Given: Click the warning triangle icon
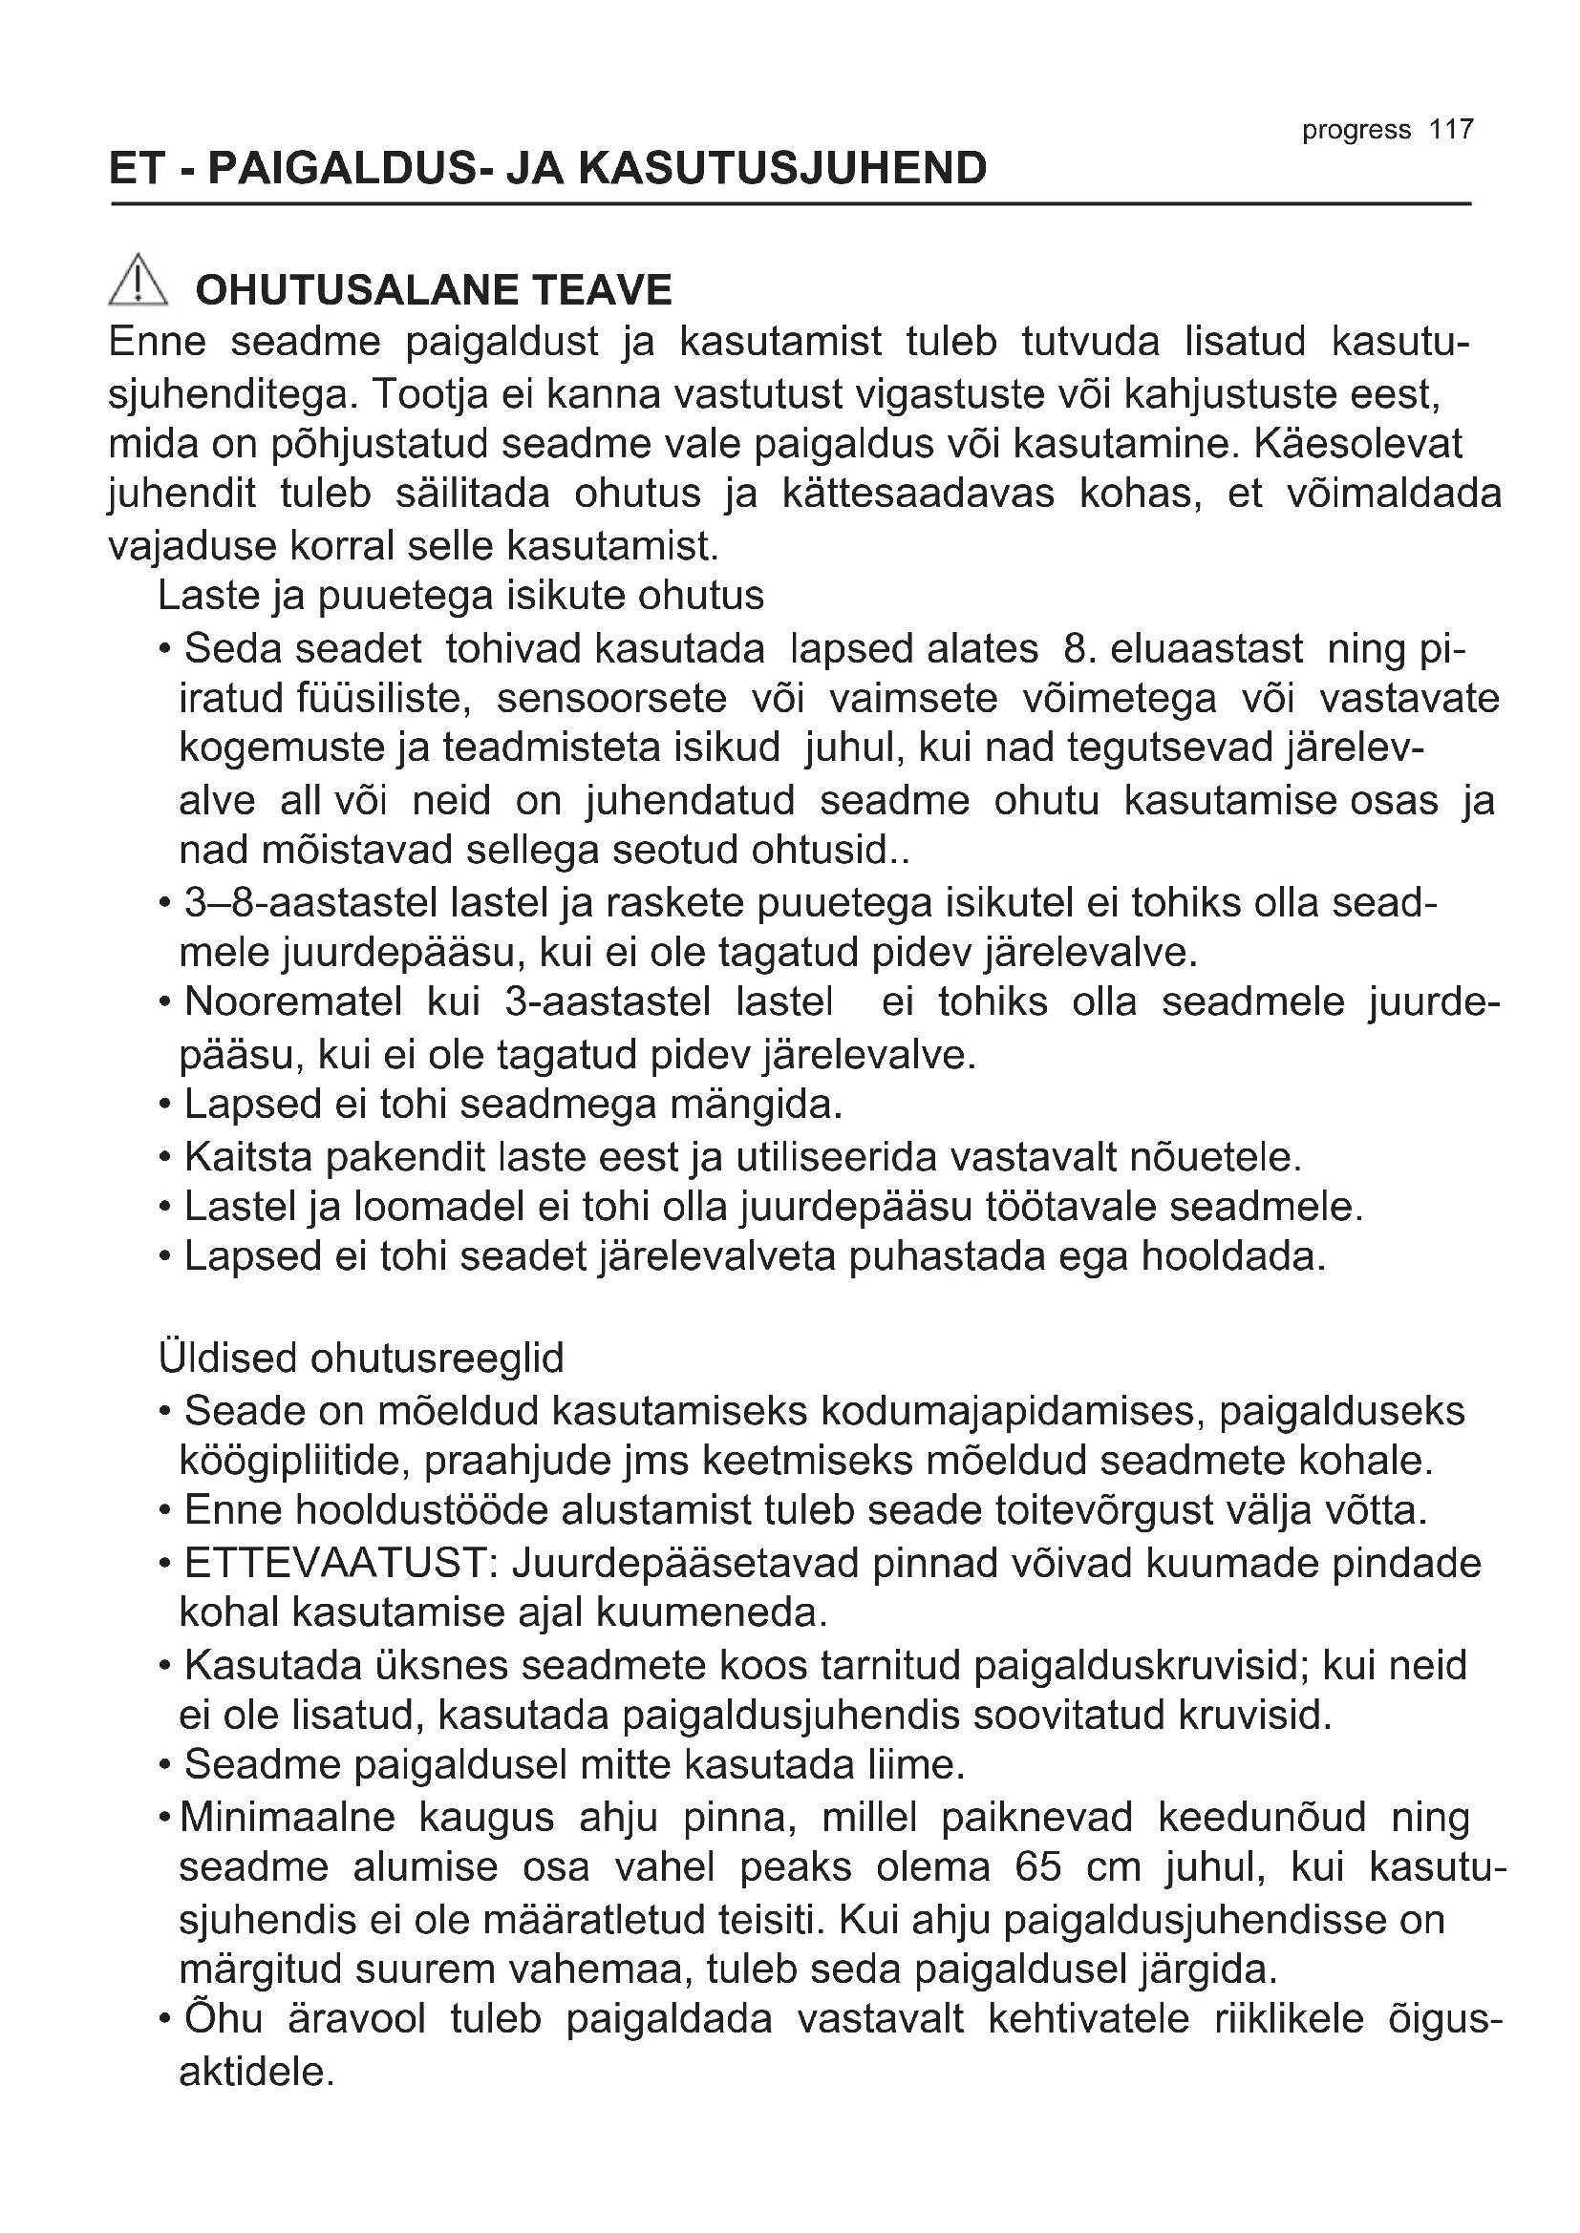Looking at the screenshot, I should (139, 280).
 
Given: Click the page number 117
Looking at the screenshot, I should (1452, 129).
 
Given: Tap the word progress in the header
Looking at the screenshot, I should (1356, 131).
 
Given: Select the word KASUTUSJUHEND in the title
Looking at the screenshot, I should (783, 168).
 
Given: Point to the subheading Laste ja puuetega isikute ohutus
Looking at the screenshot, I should (461, 595).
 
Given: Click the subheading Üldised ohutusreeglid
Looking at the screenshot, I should (361, 1358).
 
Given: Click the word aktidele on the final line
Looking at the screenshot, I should (258, 2072).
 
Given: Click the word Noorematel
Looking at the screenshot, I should (293, 1001).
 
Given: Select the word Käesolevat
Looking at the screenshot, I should (1358, 444).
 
